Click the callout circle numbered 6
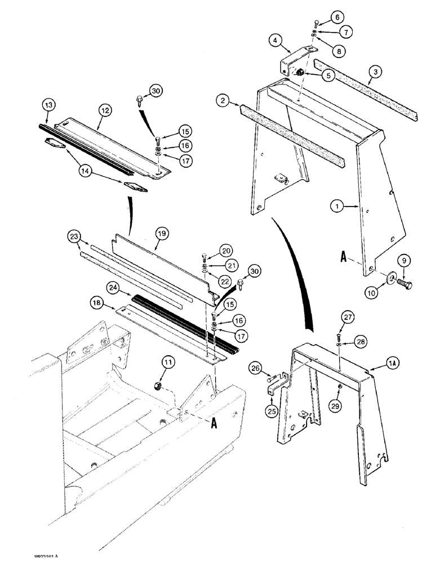pyautogui.click(x=337, y=17)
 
